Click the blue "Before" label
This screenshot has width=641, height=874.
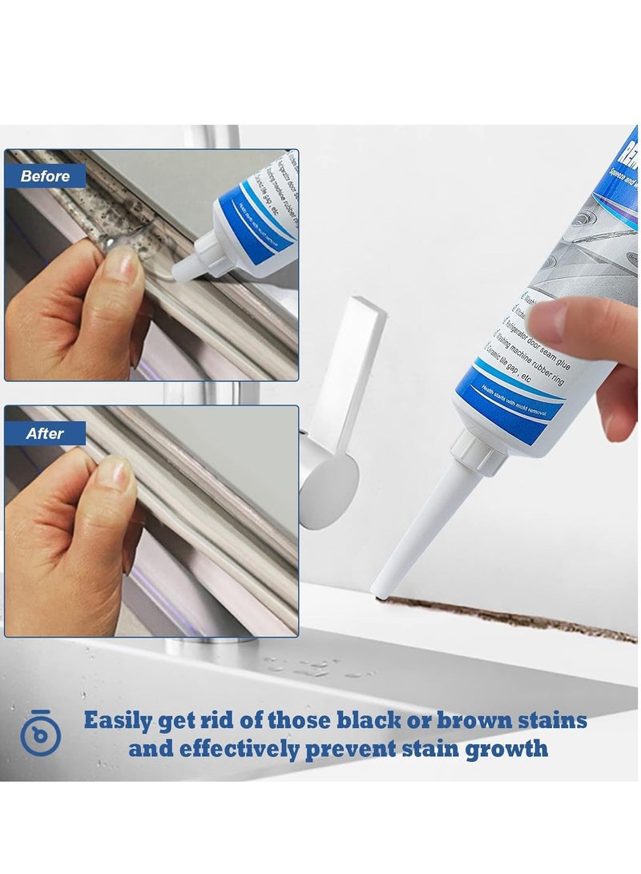click(x=46, y=176)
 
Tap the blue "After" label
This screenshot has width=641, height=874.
click(x=45, y=433)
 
